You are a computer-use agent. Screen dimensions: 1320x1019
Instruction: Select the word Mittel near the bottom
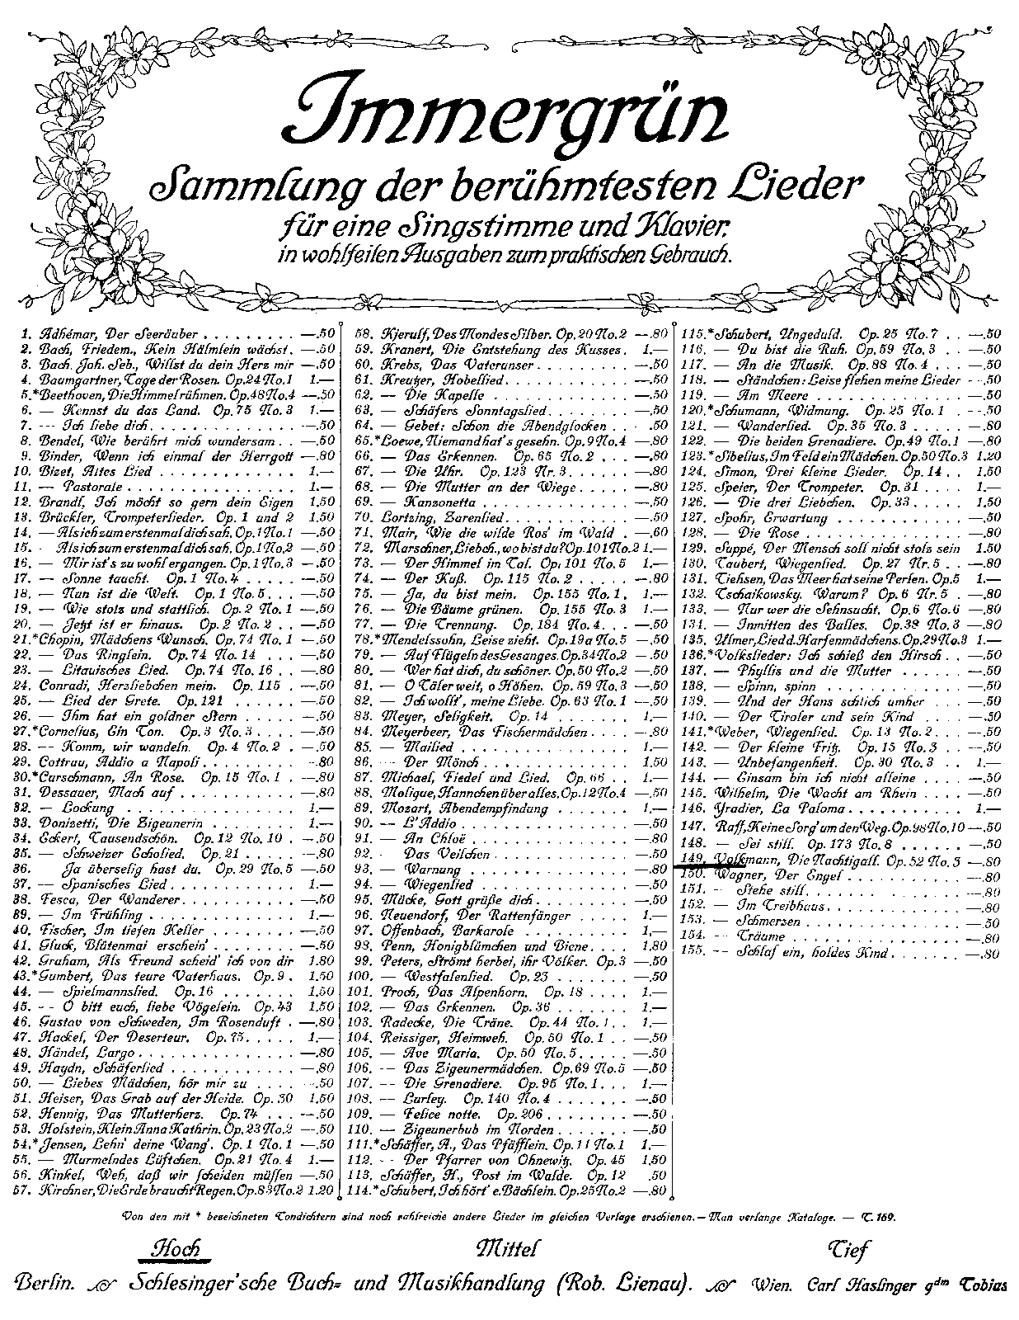tap(508, 1248)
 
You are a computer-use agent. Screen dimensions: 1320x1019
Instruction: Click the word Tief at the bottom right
tap(845, 1251)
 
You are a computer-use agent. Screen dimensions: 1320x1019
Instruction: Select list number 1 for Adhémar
tap(27, 335)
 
